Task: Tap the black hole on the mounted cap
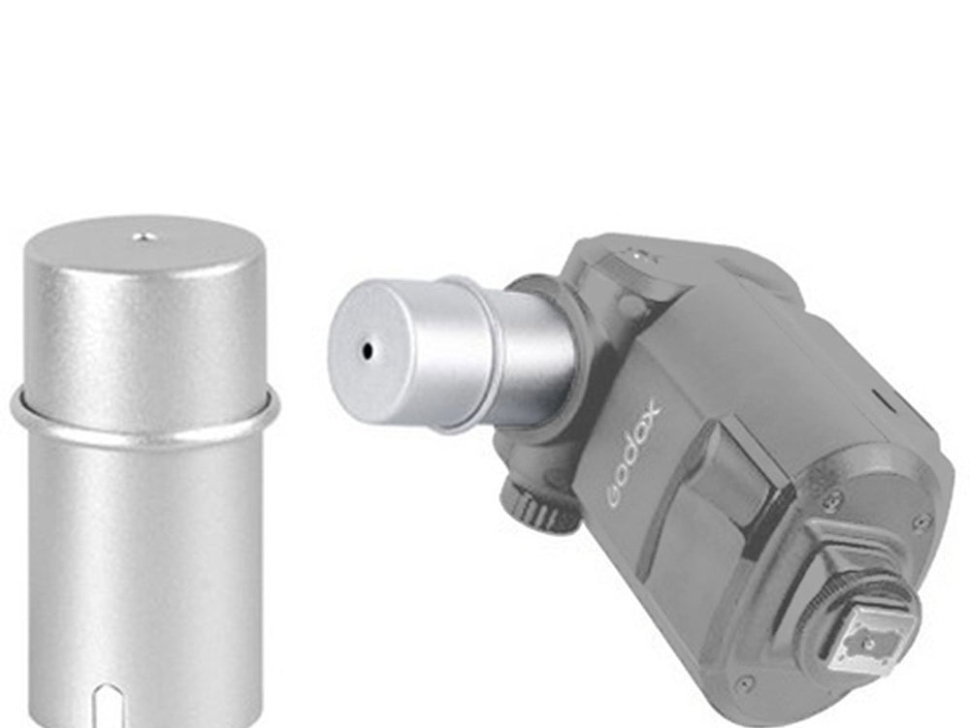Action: (368, 351)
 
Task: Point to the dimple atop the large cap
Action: (143, 235)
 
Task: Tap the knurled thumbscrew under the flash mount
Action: (531, 503)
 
